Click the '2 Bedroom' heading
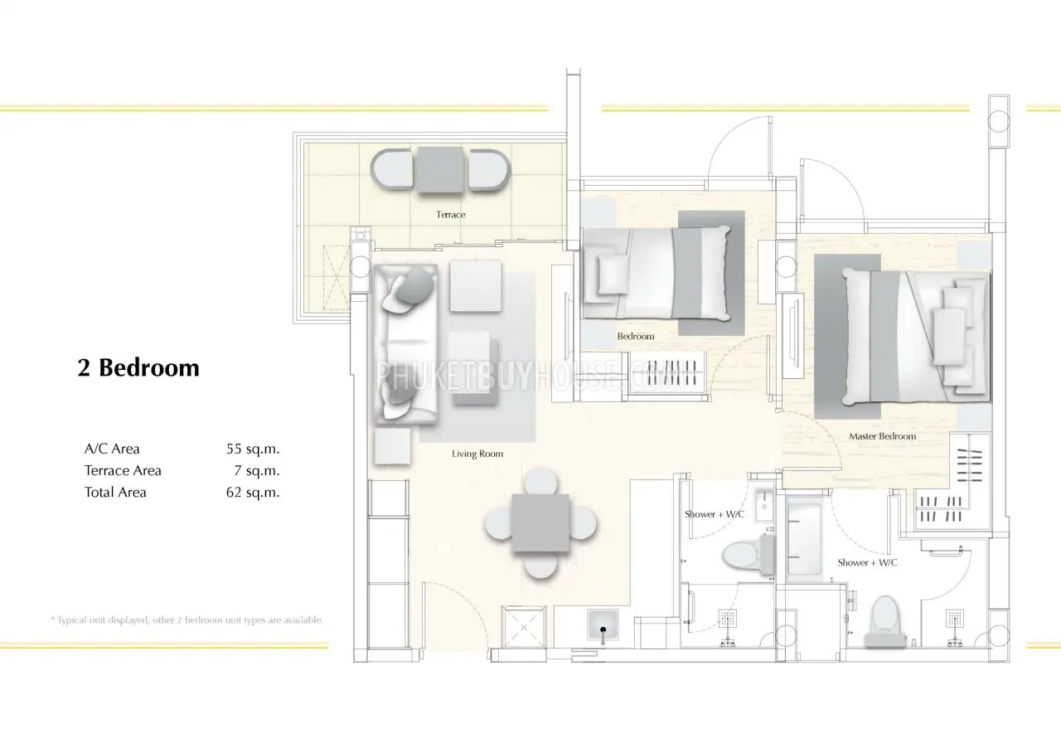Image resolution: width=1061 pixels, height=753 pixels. (138, 367)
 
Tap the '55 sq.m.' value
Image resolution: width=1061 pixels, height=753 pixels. (253, 449)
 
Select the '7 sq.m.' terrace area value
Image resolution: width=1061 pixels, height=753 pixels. (257, 470)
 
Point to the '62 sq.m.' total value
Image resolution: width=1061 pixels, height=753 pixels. (253, 493)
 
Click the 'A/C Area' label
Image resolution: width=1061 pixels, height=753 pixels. (112, 449)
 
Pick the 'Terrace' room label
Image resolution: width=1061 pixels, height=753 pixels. (450, 215)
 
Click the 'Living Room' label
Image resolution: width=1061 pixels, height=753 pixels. (477, 454)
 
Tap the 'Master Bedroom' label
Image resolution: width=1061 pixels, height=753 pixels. (882, 436)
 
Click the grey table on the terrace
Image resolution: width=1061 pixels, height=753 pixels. (439, 170)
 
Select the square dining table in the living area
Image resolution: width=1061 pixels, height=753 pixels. (540, 523)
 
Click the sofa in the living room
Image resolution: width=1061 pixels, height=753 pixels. (405, 344)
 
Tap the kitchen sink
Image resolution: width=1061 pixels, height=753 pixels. (603, 624)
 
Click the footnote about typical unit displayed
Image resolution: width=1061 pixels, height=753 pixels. (187, 619)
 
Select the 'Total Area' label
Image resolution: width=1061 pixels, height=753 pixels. (115, 493)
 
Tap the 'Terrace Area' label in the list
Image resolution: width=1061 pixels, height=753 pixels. (123, 470)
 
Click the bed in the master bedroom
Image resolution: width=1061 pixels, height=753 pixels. (916, 337)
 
